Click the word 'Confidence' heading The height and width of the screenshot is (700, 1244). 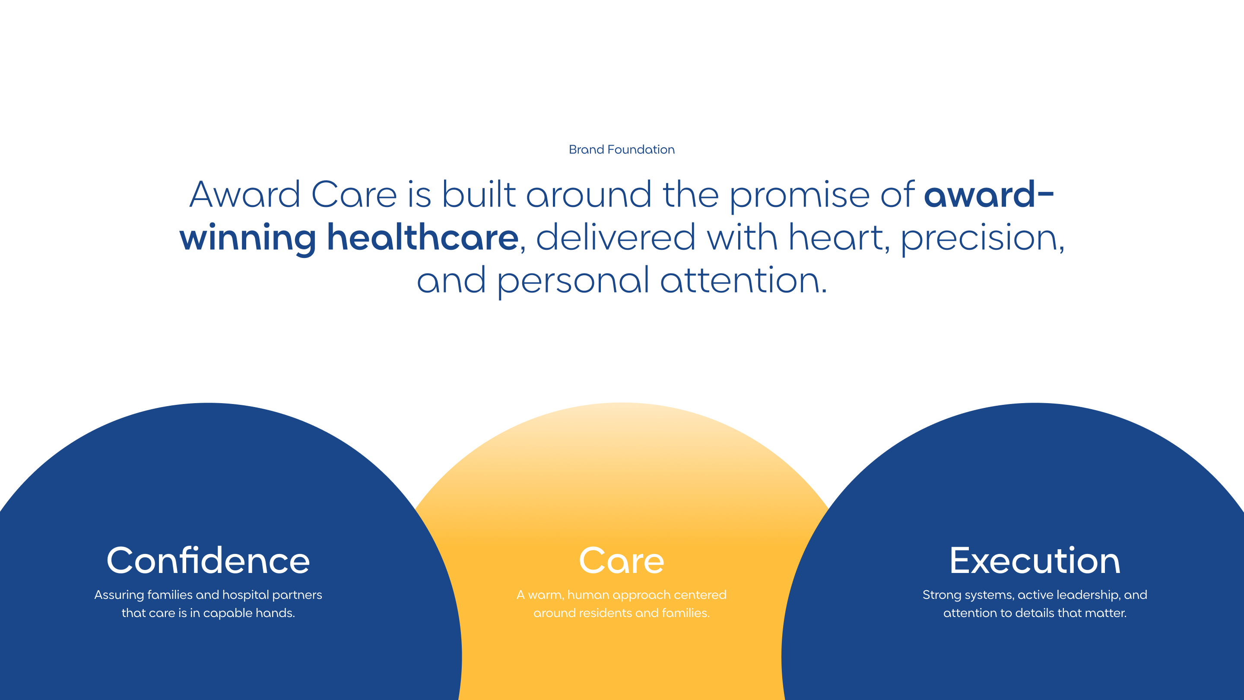click(x=208, y=560)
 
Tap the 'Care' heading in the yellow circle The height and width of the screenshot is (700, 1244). click(x=622, y=560)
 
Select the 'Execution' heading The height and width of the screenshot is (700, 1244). click(x=1035, y=560)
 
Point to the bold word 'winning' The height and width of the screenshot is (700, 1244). click(x=248, y=238)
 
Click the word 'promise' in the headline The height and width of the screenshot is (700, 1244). click(x=799, y=196)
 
